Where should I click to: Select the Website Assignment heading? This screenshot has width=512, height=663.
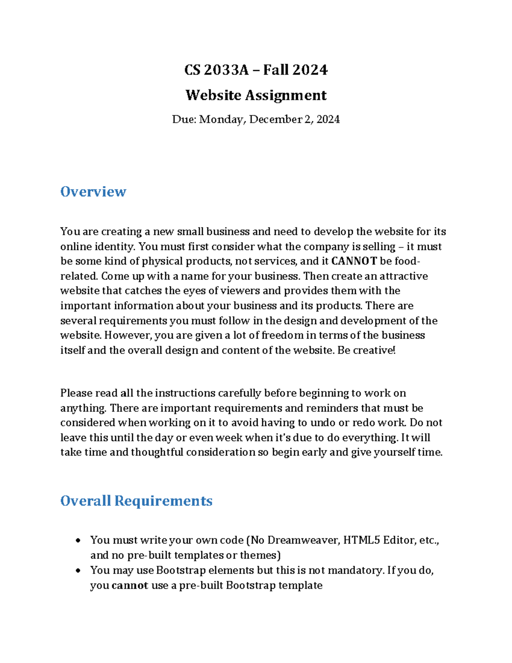pos(256,95)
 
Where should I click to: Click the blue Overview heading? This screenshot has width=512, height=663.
pos(93,192)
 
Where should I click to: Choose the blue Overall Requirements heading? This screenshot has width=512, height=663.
pos(136,501)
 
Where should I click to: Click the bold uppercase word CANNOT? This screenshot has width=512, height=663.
pos(354,261)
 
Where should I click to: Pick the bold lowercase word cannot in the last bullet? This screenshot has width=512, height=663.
pos(130,585)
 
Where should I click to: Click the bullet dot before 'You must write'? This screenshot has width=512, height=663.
pos(78,541)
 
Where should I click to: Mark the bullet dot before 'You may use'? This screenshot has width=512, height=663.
pos(78,571)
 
